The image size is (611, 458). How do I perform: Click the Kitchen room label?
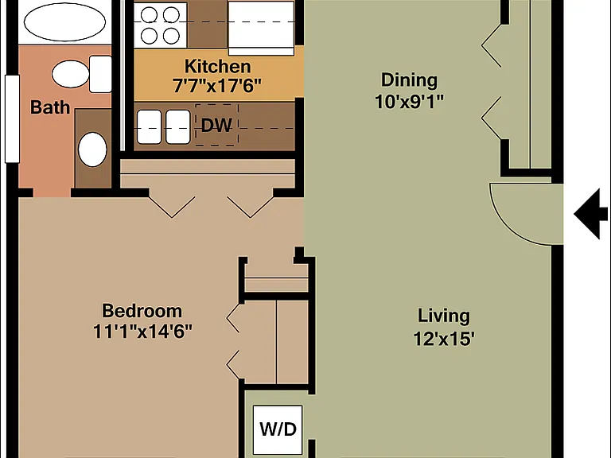(x=217, y=67)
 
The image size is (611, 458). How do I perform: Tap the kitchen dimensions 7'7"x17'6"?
(x=217, y=85)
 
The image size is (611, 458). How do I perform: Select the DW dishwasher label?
(x=216, y=126)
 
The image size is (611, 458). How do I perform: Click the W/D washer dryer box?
(x=278, y=429)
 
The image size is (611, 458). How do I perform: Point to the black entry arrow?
(x=591, y=214)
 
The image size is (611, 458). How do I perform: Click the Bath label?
(x=50, y=107)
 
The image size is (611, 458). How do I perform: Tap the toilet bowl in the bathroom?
(x=71, y=74)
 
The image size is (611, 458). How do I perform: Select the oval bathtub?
(x=64, y=21)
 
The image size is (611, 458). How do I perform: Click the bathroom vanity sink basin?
(x=92, y=149)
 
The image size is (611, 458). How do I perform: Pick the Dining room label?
(x=409, y=80)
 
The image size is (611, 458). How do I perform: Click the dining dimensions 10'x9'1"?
(x=409, y=101)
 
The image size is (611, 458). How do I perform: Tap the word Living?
(x=444, y=316)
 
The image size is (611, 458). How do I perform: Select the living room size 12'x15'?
(x=444, y=339)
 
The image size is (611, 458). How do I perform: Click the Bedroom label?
(x=142, y=311)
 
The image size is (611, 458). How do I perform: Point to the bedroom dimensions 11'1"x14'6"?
(x=142, y=332)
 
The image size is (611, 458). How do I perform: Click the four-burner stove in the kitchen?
(x=160, y=25)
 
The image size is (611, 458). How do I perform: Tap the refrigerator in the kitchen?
(x=261, y=28)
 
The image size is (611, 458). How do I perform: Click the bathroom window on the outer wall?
(x=12, y=118)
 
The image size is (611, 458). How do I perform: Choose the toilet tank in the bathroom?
(x=101, y=74)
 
